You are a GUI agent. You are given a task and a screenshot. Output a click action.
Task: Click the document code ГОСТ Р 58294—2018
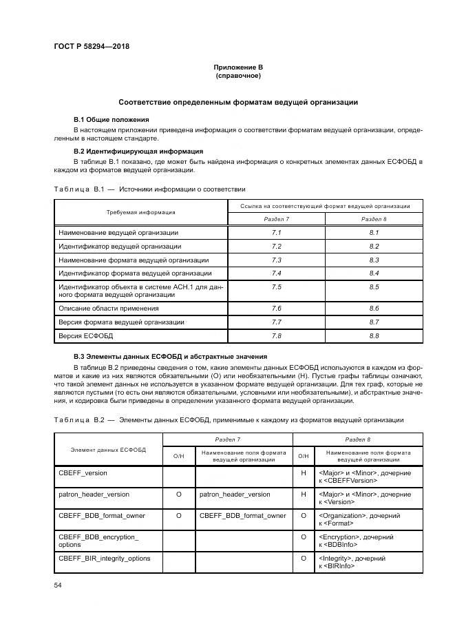(x=91, y=47)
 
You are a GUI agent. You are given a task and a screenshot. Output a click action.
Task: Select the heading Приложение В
(x=238, y=67)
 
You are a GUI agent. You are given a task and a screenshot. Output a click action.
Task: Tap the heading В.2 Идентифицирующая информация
(x=138, y=151)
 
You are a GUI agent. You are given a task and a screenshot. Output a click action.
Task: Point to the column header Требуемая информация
(x=140, y=212)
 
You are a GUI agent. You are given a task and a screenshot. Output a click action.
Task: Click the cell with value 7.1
(x=277, y=233)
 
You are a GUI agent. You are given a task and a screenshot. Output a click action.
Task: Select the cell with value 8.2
(x=374, y=246)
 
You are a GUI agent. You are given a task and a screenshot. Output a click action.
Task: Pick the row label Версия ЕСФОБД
(x=85, y=336)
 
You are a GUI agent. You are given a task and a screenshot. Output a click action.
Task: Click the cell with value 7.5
(x=277, y=287)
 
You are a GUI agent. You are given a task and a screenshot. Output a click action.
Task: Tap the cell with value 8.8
(x=374, y=336)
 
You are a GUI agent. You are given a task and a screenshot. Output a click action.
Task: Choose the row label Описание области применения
(x=109, y=309)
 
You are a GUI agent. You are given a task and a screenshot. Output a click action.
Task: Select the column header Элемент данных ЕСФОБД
(x=108, y=449)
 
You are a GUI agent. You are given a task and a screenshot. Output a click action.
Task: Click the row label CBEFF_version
(x=83, y=473)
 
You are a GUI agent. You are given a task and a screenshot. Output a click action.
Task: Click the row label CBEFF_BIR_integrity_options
(x=104, y=558)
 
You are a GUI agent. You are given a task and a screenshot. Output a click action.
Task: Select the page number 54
(x=58, y=585)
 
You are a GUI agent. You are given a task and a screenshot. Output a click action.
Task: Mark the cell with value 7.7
(x=277, y=322)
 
